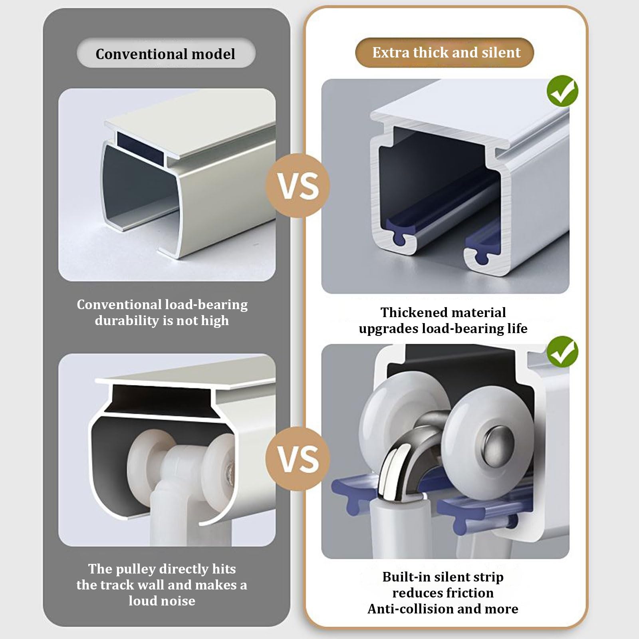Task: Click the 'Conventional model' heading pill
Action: coord(166,53)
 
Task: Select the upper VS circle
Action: coord(298,186)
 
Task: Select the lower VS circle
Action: coord(298,458)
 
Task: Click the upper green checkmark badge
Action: coord(562,91)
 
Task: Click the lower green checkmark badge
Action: coord(562,351)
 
